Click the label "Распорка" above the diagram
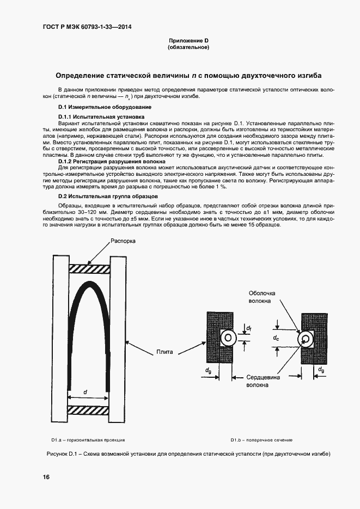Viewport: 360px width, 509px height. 124,241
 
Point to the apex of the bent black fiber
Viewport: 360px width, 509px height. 88,285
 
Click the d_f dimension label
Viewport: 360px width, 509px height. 248,328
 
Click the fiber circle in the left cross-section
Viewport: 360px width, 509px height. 228,338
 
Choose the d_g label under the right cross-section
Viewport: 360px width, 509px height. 321,370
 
